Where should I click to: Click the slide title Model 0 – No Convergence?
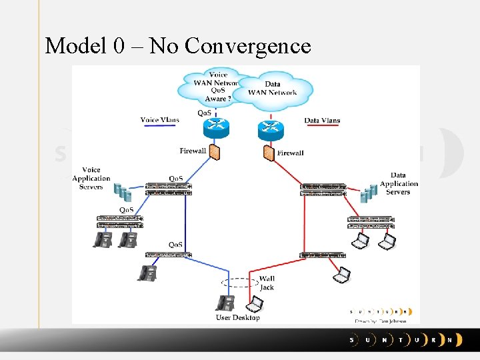(x=178, y=46)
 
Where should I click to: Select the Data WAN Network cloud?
(x=273, y=89)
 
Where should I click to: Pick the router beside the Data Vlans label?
(x=270, y=129)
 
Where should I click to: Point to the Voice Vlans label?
(x=159, y=120)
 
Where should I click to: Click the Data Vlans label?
(x=322, y=121)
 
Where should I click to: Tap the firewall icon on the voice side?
(x=215, y=152)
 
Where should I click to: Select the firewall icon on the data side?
(x=268, y=153)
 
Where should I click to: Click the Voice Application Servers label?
(x=91, y=179)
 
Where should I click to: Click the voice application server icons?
(x=121, y=193)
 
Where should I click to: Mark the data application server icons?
(x=369, y=193)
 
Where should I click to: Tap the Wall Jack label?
(x=267, y=283)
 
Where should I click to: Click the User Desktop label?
(x=237, y=318)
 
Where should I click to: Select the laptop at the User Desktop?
(x=254, y=305)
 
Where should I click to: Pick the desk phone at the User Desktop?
(x=225, y=303)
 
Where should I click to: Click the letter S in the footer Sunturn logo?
(x=353, y=340)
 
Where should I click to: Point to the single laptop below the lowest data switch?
(x=341, y=273)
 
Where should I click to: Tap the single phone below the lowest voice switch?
(x=147, y=273)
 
